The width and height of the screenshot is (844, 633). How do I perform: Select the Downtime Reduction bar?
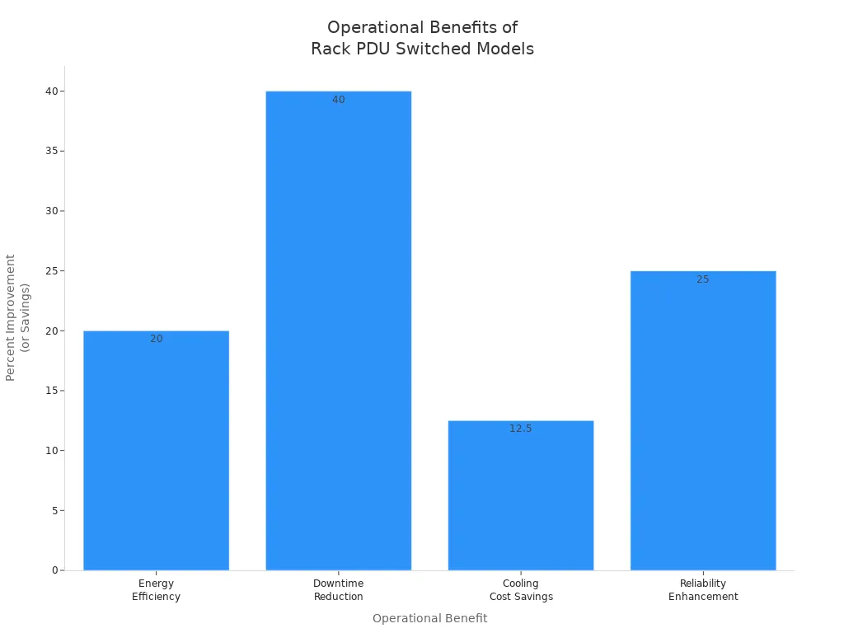coord(338,330)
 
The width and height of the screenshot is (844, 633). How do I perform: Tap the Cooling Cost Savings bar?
coord(520,495)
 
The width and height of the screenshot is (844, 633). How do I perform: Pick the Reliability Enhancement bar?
coord(703,420)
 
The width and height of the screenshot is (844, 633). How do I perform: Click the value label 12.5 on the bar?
coord(520,429)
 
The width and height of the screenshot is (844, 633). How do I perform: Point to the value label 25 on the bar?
coord(703,279)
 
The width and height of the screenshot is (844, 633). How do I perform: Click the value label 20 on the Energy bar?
coord(156,339)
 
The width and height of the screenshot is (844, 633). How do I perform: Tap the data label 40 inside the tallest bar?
coord(338,100)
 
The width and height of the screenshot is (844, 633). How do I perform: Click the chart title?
coord(422,38)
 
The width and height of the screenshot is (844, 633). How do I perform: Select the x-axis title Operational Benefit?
coord(429,618)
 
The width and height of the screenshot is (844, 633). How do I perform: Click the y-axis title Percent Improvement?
coord(17,317)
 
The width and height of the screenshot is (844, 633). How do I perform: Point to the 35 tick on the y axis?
coord(52,151)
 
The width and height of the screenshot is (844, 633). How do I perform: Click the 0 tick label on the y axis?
coord(54,570)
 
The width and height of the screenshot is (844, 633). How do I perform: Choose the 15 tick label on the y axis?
coord(52,391)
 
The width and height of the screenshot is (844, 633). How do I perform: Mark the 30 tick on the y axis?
coord(52,211)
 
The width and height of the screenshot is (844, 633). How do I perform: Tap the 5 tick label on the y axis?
coord(54,510)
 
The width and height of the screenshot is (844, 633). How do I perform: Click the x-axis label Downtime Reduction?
coord(338,590)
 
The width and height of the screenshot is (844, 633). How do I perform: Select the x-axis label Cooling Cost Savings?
coord(520,590)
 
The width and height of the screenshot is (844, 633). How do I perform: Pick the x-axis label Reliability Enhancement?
coord(703,590)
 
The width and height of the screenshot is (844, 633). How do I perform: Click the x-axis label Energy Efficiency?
coord(156,590)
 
